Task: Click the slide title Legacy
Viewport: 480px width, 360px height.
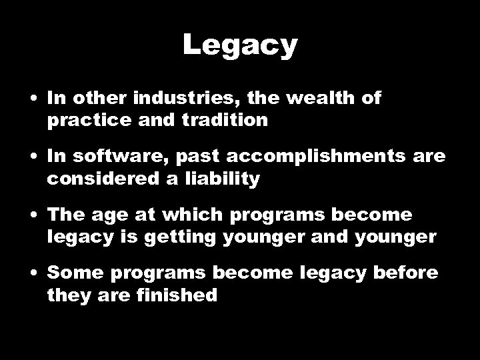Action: [240, 46]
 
